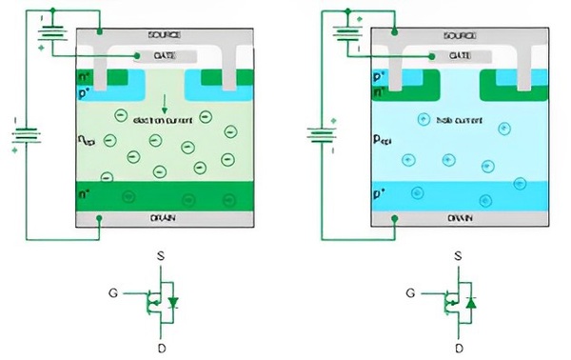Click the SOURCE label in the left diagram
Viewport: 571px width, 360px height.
[165, 34]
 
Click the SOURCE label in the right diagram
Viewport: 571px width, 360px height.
[461, 34]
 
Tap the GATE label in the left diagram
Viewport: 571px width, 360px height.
[165, 55]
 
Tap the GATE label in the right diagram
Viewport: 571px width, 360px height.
[461, 55]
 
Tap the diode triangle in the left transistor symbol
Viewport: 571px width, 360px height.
[172, 303]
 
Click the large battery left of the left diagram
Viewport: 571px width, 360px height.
[21, 138]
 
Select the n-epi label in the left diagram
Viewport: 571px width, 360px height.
[86, 140]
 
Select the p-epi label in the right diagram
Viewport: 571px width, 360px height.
[382, 140]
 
